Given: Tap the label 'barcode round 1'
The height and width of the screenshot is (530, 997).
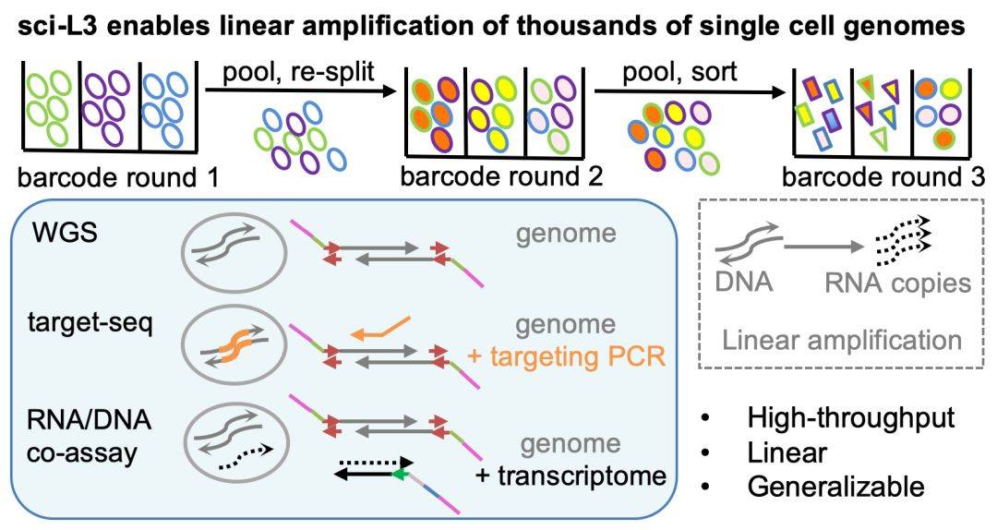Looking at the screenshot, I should pos(114,174).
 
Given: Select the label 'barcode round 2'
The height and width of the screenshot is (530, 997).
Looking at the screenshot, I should pos(501,174).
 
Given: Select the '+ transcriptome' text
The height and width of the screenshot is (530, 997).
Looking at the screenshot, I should pos(571,477).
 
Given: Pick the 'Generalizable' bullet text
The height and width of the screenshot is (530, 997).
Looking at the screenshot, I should pos(835,485).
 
